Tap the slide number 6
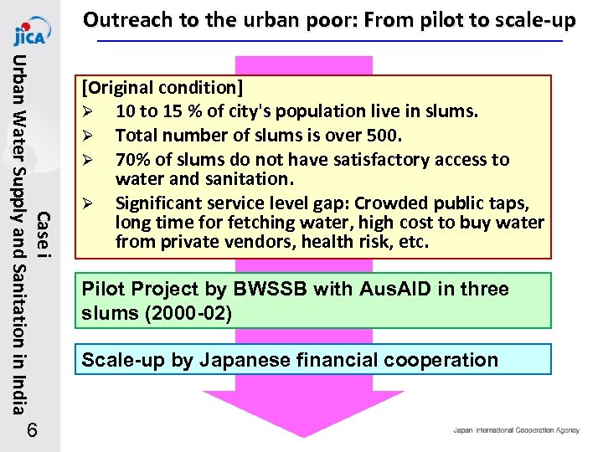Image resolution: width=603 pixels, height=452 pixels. tap(31, 430)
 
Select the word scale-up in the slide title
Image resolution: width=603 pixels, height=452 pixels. tap(533, 19)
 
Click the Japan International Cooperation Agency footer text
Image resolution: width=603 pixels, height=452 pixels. tap(516, 430)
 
